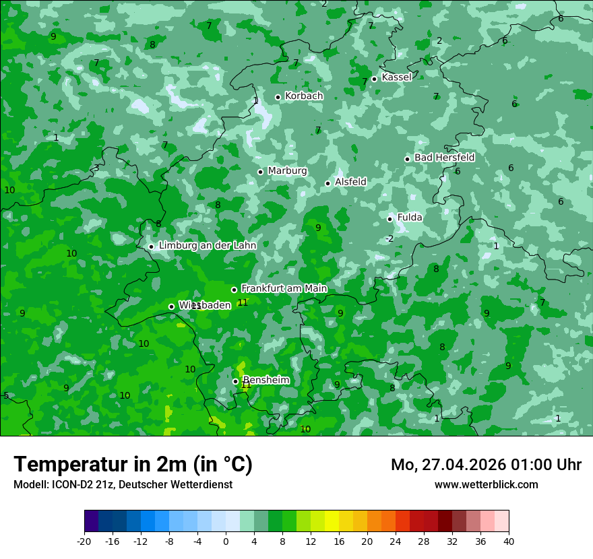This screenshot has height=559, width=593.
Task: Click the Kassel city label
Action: click(x=396, y=77)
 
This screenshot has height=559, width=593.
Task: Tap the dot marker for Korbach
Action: click(x=278, y=97)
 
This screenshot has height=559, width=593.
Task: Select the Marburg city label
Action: click(x=287, y=171)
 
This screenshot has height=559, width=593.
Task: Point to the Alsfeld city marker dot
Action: click(x=328, y=183)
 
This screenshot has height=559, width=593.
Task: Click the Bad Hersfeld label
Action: click(x=444, y=158)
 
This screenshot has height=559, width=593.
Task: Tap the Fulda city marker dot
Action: click(x=390, y=219)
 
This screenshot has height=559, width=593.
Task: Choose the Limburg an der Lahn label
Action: click(x=207, y=246)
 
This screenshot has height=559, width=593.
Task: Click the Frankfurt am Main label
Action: click(x=284, y=289)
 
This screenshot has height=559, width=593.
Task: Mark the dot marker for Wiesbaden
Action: click(x=171, y=306)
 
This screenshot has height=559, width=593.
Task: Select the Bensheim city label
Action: click(x=266, y=381)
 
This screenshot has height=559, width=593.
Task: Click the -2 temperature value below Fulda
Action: click(x=389, y=239)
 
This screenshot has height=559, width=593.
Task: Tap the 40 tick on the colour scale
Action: click(x=508, y=541)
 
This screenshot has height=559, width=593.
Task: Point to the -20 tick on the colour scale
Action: click(x=84, y=541)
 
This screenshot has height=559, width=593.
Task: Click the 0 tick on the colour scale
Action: click(x=226, y=541)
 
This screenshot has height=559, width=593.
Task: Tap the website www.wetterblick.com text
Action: click(x=486, y=485)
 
